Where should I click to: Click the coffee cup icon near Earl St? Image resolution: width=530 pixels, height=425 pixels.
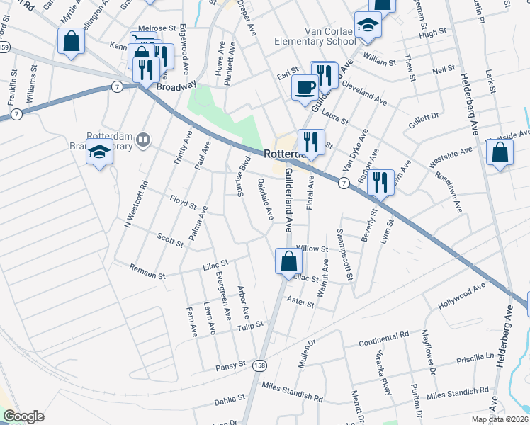[305, 87]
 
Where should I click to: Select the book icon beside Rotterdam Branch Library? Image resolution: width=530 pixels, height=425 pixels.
[144, 141]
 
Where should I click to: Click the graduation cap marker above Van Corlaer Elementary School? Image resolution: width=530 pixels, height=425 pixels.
[368, 25]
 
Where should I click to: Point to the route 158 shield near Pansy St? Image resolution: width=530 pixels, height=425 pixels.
[259, 365]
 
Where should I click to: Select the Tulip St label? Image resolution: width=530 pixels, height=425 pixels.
[250, 324]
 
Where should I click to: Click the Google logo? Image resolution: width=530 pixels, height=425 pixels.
[23, 416]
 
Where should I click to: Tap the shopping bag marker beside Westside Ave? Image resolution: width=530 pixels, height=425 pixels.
[500, 153]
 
